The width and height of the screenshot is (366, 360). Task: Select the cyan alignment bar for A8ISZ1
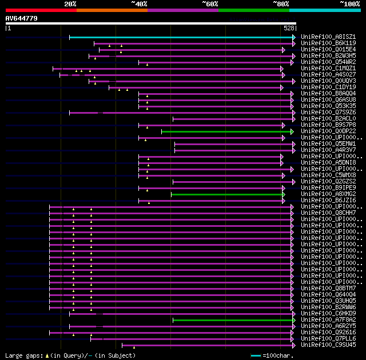pyautogui.click(x=181, y=37)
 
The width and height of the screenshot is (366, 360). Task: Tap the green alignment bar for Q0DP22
pyautogui.click(x=223, y=131)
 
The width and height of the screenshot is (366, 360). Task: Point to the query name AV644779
pyautogui.click(x=22, y=18)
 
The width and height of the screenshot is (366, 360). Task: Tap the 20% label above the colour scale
pyautogui.click(x=70, y=4)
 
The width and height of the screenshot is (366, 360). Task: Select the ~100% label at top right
pyautogui.click(x=349, y=4)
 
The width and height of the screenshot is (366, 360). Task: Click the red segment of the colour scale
pyautogui.click(x=41, y=10)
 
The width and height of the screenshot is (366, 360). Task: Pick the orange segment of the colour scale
pyautogui.click(x=112, y=10)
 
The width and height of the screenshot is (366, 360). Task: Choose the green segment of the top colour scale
pyautogui.click(x=253, y=10)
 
